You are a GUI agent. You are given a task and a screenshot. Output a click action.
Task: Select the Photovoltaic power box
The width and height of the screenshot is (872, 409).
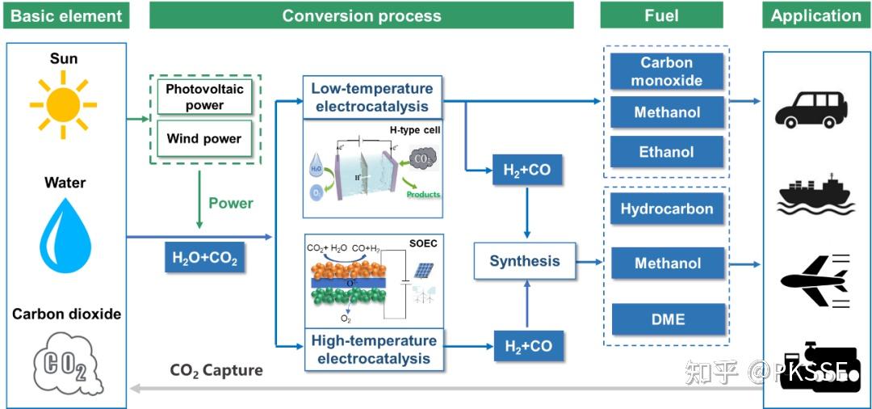[x=204, y=96]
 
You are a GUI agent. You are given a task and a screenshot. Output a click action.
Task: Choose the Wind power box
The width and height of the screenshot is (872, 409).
[x=204, y=138]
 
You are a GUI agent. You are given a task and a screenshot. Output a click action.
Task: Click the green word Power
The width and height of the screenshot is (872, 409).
[x=231, y=203]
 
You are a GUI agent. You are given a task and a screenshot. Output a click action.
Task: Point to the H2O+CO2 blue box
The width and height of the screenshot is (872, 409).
[x=205, y=259]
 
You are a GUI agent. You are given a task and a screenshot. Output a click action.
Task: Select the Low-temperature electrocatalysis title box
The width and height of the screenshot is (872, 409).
[x=374, y=97]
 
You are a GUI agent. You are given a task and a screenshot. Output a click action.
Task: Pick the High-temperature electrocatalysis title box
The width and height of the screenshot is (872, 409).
[x=374, y=349]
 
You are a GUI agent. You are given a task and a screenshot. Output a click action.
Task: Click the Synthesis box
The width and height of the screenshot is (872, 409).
[x=524, y=261]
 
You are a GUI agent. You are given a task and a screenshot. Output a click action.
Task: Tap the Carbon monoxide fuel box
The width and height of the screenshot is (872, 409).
[x=667, y=71]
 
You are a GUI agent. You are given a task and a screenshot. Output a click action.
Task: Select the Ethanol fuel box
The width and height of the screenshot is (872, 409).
[x=667, y=152]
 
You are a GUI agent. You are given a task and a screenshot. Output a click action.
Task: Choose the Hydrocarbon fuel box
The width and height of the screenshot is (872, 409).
[x=667, y=209]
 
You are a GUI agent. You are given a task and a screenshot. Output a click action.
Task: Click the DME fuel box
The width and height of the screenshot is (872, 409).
[x=667, y=319]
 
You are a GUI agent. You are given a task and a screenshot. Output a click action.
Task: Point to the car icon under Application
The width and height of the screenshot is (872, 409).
[x=811, y=109]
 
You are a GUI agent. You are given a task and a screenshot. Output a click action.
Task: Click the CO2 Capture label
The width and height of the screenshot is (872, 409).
[x=216, y=371]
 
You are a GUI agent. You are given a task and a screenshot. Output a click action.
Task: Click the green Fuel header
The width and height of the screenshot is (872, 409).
[x=661, y=15]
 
